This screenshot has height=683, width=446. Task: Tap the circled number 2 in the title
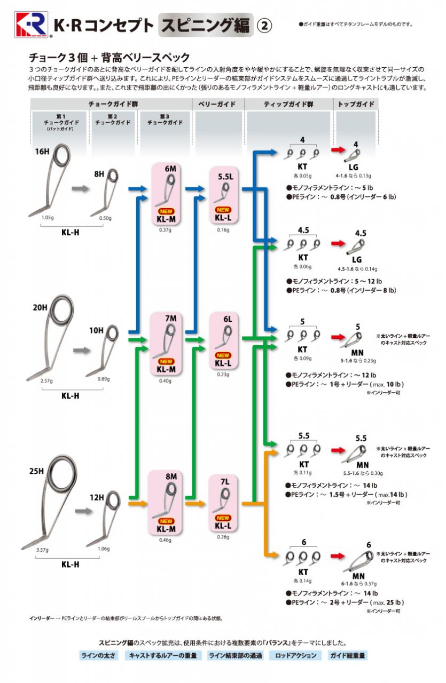point(265,25)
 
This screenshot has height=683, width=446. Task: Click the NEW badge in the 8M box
point(167,521)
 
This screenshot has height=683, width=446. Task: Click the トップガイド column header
point(356,104)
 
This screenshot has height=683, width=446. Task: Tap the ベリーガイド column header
point(217,104)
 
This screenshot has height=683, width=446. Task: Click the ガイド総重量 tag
point(347,655)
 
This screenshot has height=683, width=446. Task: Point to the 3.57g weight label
point(42,549)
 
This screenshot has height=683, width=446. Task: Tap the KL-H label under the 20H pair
point(70,395)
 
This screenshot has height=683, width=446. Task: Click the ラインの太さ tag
point(98,655)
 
